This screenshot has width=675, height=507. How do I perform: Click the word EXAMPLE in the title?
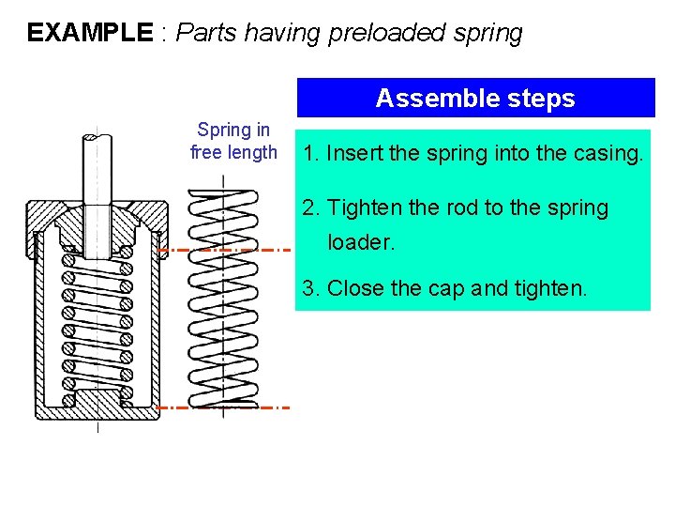point(89,33)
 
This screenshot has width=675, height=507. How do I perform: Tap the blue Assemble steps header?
point(475,98)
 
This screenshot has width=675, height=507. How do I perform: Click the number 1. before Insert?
point(311,153)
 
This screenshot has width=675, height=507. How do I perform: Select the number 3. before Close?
point(311,288)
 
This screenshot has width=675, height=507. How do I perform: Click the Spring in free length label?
point(233,141)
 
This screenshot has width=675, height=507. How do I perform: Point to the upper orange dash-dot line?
point(225,250)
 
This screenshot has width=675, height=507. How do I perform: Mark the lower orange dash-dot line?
point(225,407)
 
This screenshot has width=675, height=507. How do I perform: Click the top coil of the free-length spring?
point(222,196)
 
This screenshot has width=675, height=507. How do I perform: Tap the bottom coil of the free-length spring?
point(222,402)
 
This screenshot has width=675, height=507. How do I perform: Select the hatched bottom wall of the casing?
point(97,407)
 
